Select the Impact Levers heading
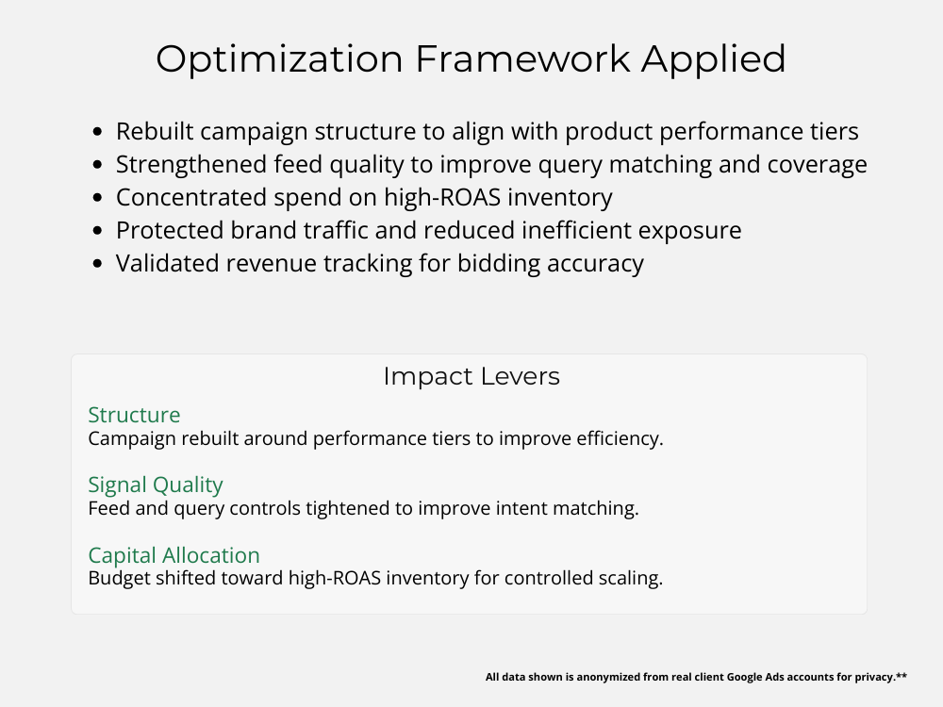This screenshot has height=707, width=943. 471,376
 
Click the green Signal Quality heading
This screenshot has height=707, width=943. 156,485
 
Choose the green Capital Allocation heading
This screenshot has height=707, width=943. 174,555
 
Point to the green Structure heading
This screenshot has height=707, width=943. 134,415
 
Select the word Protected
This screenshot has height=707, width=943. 170,230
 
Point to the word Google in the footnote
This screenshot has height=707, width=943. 745,677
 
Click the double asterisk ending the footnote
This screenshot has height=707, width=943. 902,675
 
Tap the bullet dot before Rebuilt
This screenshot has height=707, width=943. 98,132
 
